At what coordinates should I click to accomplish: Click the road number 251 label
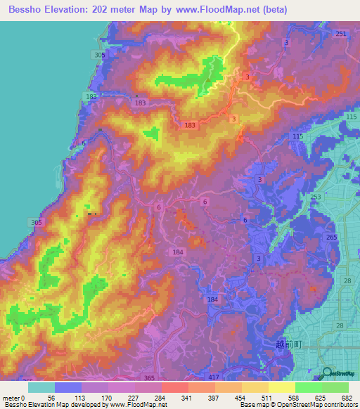341,34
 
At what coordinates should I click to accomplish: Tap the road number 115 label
297,136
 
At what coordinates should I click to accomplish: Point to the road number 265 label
330,239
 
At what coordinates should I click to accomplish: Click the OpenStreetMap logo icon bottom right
327,374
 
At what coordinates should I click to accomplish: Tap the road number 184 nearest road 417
212,299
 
